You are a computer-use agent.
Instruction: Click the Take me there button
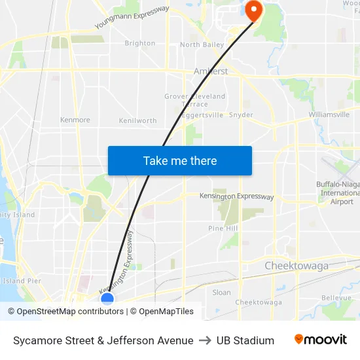pyautogui.click(x=180, y=160)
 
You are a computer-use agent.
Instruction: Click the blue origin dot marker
pyautogui.click(x=107, y=299)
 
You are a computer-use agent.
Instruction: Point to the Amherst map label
pyautogui.click(x=211, y=71)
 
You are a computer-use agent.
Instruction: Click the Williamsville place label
pyautogui.click(x=329, y=115)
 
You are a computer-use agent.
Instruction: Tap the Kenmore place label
pyautogui.click(x=75, y=120)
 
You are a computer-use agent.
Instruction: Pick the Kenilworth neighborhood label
pyautogui.click(x=137, y=121)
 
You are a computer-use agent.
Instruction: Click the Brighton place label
pyautogui.click(x=140, y=43)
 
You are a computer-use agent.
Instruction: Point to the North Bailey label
pyautogui.click(x=202, y=45)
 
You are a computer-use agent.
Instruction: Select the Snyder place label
pyautogui.click(x=241, y=115)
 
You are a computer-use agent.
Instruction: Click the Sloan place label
pyautogui.click(x=222, y=293)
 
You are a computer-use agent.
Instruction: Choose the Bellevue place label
pyautogui.click(x=337, y=297)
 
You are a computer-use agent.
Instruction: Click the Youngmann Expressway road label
pyautogui.click(x=132, y=17)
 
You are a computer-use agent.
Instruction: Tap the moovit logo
pyautogui.click(x=320, y=340)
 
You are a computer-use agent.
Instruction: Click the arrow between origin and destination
pyautogui.click(x=205, y=340)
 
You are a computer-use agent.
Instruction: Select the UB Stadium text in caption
pyautogui.click(x=245, y=340)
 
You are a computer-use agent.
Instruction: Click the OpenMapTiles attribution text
pyautogui.click(x=166, y=312)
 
